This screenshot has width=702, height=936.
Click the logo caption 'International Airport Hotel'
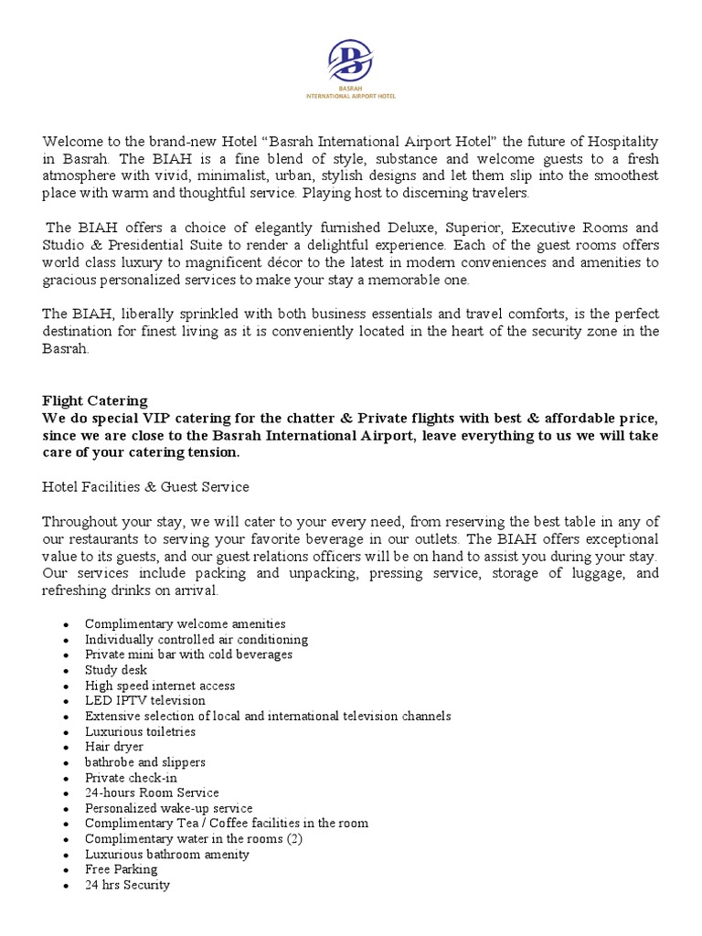(351, 95)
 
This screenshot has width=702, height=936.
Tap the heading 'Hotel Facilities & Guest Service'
(145, 486)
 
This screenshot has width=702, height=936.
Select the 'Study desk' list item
(115, 670)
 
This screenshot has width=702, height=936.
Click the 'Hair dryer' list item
(114, 747)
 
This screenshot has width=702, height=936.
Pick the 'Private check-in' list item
(131, 778)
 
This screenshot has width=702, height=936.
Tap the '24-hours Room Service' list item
(152, 792)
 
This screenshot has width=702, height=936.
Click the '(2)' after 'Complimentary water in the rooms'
(294, 839)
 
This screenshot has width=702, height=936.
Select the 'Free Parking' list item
(121, 869)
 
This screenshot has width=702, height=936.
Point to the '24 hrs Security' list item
(127, 885)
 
